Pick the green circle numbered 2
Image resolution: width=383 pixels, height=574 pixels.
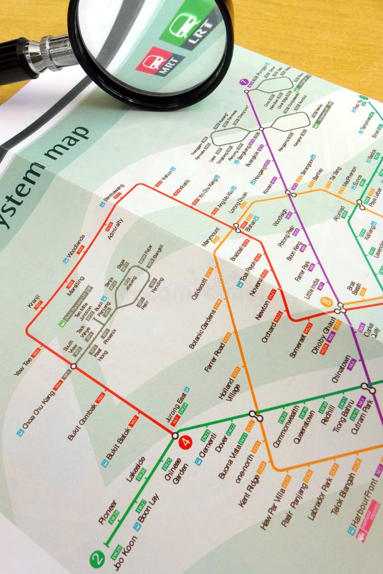97,559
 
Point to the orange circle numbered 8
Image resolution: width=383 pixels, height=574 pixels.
327,302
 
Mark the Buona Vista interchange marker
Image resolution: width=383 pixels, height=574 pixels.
256,415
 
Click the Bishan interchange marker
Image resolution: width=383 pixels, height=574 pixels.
237,227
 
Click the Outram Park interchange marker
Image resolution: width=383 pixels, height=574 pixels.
369,387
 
